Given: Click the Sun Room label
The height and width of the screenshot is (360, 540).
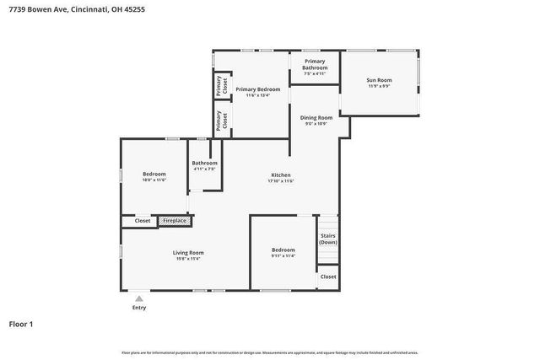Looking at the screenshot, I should click(x=379, y=80).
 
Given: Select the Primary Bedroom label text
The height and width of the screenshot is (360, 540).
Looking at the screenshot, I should click(x=257, y=89).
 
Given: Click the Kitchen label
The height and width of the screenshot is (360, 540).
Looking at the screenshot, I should click(x=280, y=175).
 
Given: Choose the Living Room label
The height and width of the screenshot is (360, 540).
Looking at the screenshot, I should click(x=189, y=252).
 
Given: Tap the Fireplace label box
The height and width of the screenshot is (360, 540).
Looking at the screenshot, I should click(x=175, y=220).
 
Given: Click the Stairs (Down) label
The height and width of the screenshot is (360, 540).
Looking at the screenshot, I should click(x=327, y=239).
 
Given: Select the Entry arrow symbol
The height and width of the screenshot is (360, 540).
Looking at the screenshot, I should click(x=138, y=298).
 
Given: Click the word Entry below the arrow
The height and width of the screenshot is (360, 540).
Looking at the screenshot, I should click(x=138, y=308).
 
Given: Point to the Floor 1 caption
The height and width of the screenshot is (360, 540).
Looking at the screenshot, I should click(x=21, y=323).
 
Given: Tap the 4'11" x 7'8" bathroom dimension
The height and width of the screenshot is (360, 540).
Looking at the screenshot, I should click(x=204, y=169).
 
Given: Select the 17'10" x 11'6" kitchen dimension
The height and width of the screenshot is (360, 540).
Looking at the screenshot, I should click(x=280, y=181).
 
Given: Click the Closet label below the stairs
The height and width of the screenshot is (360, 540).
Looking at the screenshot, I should click(x=328, y=277).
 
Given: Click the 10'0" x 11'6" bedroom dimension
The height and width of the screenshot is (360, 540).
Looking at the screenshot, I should click(x=154, y=180).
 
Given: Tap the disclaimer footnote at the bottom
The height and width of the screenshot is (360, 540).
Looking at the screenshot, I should click(x=270, y=352).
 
